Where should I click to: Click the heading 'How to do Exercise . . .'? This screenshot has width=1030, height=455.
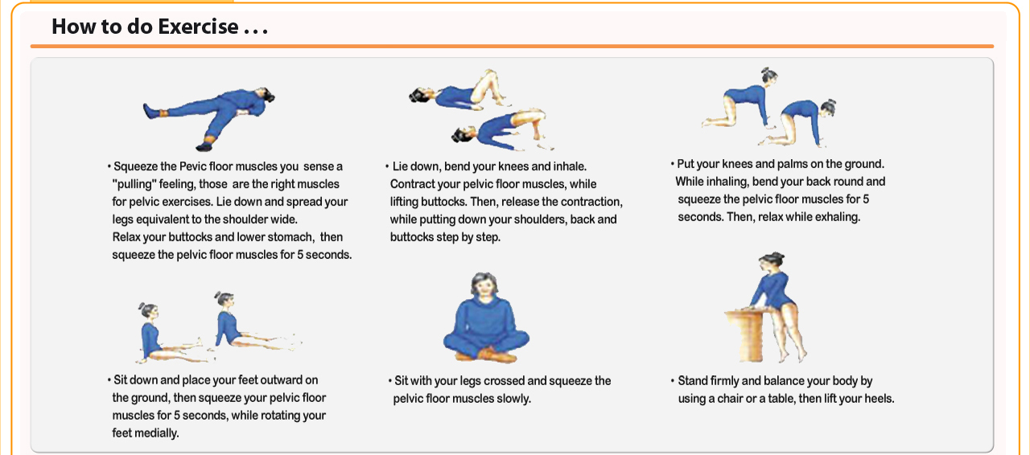(x=159, y=27)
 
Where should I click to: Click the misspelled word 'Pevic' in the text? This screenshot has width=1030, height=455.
(x=192, y=166)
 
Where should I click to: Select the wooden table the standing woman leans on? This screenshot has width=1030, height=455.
(x=745, y=335)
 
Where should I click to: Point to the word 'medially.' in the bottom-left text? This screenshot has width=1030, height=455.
(x=146, y=433)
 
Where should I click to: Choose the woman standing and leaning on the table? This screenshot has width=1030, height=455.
(x=777, y=307)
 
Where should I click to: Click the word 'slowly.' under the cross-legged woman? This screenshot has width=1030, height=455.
(x=513, y=399)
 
